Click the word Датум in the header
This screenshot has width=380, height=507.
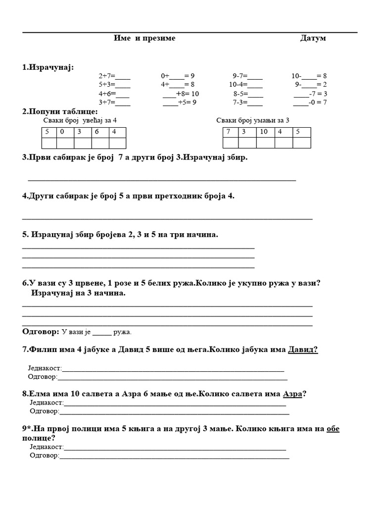click(313, 38)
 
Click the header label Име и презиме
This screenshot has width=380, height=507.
click(144, 38)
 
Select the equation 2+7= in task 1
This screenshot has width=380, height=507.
click(114, 76)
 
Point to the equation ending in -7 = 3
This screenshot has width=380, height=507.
click(310, 94)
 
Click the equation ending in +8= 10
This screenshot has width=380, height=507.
click(181, 94)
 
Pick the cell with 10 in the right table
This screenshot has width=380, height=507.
click(264, 132)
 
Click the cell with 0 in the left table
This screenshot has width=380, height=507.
click(65, 132)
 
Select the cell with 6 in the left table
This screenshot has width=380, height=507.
click(100, 132)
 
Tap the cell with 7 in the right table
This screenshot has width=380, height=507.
click(231, 132)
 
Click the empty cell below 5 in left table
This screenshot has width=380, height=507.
click(48, 143)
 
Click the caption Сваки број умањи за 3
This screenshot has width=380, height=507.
click(253, 120)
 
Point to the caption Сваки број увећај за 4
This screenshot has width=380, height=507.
click(80, 120)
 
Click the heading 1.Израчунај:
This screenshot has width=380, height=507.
click(47, 67)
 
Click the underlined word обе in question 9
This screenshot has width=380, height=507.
click(333, 429)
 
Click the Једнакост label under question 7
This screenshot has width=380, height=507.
click(45, 368)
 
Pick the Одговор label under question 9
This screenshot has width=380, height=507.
click(44, 456)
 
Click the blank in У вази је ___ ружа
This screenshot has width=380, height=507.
click(102, 332)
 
